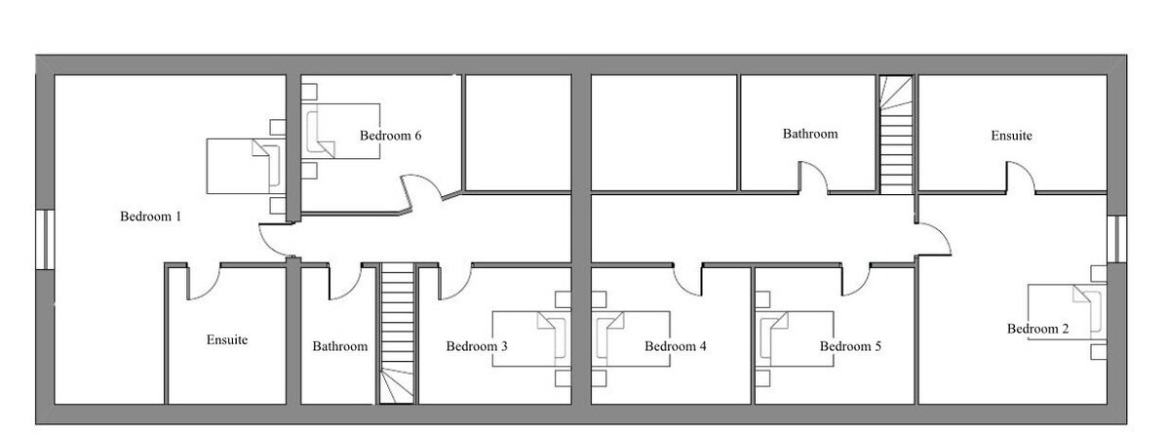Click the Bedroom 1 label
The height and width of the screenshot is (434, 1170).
pos(150,217)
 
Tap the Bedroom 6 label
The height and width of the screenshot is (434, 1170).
pos(390,136)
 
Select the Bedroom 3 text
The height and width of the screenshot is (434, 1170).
pos(477,346)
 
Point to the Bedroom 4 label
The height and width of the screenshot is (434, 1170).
pos(675,346)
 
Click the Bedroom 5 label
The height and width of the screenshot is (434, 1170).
pos(850,346)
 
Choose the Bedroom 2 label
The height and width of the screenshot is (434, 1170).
pos(1037,329)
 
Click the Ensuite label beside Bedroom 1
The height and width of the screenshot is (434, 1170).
pos(226,340)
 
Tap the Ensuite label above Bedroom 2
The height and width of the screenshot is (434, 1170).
pos(1011,136)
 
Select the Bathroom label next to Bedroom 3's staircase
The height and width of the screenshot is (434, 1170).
pos(339,346)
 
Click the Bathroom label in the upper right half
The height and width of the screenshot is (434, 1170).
pos(809,135)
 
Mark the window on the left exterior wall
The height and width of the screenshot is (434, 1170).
pos(46,240)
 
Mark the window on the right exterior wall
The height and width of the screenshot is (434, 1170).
pos(1116,239)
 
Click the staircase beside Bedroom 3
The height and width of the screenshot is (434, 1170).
pos(398,334)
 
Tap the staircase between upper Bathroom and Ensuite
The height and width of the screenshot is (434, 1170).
pos(896,136)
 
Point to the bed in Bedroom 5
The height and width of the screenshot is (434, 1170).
pos(795,339)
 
